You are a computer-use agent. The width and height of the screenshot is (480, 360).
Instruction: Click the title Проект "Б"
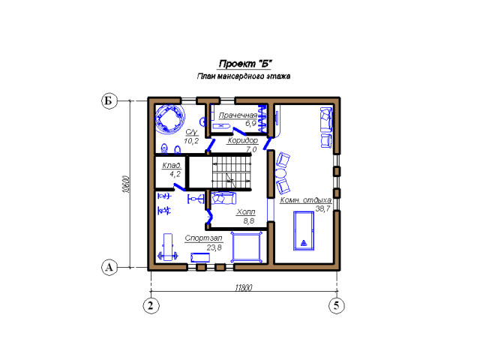pos(245,64)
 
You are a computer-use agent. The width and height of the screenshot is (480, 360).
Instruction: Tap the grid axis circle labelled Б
pos(109,100)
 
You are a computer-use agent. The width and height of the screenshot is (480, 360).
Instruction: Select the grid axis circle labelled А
pos(109,268)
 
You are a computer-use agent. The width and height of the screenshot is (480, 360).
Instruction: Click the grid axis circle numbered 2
pos(151,305)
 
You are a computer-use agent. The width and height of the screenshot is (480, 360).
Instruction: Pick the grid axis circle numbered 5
pos(337,305)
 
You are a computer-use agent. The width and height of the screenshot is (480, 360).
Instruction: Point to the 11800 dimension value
pos(244,288)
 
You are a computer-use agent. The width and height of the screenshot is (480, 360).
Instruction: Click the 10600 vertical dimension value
pos(126,184)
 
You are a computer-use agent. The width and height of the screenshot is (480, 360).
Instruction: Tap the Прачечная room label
pos(238,115)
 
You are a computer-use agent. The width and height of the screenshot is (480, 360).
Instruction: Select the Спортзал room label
pos(203,238)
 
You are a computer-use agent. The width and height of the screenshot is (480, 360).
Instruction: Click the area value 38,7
pos(323,208)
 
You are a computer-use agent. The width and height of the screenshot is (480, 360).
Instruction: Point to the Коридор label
pos(243,140)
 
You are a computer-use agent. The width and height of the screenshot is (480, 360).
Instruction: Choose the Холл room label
pos(246,211)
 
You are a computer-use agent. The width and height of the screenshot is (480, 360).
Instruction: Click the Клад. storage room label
pos(172,165)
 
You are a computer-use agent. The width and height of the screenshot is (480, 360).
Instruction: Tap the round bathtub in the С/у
pos(169,118)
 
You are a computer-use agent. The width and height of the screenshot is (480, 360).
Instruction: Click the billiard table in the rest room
pos(304,230)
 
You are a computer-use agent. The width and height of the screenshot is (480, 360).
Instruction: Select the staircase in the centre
pos(232,172)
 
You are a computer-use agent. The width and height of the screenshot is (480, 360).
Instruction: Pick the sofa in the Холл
pos(223,198)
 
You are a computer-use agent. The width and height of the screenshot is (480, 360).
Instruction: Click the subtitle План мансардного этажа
pos(244,76)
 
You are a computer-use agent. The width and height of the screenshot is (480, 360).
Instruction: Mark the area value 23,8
pos(214,247)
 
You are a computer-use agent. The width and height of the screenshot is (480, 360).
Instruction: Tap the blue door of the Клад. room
pos(179,187)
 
